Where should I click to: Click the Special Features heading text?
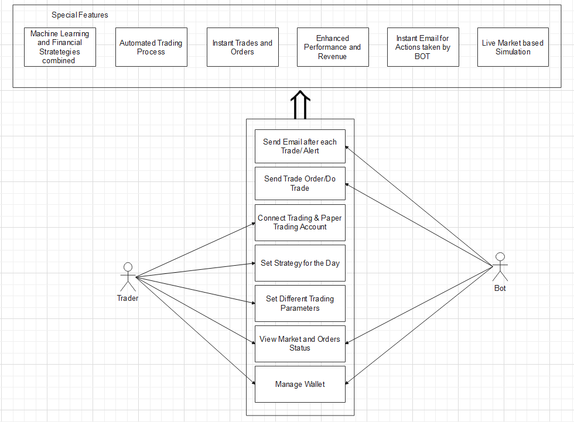click(80, 15)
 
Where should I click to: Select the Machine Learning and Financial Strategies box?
click(60, 47)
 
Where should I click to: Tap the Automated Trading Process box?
click(151, 47)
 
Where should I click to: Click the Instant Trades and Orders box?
click(242, 47)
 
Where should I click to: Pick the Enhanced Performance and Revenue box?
click(333, 47)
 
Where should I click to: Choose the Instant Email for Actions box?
click(423, 47)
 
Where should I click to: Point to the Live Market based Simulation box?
click(513, 47)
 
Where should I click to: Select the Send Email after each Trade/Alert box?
click(300, 146)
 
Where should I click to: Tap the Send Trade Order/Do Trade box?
click(300, 183)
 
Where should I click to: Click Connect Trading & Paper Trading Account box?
click(300, 222)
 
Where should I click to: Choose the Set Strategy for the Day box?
click(300, 263)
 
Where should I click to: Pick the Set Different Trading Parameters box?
click(300, 303)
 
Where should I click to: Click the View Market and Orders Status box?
click(300, 343)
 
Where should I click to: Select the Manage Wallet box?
click(300, 384)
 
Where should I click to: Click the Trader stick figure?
click(128, 276)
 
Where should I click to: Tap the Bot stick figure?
click(500, 267)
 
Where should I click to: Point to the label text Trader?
click(128, 298)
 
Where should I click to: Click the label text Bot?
click(500, 288)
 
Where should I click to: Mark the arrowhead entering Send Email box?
click(348, 147)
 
